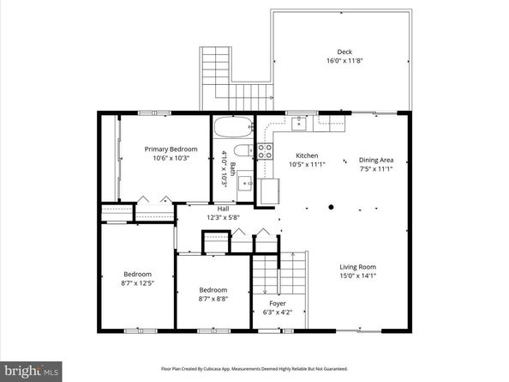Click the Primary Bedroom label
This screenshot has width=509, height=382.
tap(177, 149)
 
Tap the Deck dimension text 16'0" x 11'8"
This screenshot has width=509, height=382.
tap(344, 61)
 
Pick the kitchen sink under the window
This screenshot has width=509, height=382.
tap(300, 126)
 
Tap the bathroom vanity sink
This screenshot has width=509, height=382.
tap(244, 182)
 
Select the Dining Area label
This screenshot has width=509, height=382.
tap(376, 160)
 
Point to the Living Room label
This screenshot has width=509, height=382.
tap(358, 267)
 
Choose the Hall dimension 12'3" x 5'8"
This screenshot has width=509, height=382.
tap(223, 218)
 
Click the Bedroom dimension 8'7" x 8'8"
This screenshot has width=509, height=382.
tap(213, 300)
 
